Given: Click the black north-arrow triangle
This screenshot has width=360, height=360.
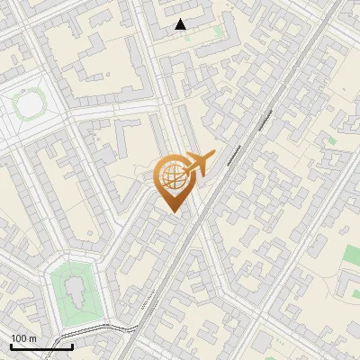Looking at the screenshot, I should (x=181, y=24).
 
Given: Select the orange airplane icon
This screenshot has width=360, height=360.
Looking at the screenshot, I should (x=201, y=165).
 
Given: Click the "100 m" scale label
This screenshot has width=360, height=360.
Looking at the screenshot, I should (x=23, y=338).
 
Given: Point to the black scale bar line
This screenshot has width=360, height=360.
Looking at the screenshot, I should (x=41, y=346).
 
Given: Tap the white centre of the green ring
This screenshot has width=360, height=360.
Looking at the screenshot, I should (x=30, y=106).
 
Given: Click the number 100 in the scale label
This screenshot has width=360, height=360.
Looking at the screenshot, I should (x=20, y=338).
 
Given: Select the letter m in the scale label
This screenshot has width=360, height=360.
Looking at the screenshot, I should (x=32, y=338).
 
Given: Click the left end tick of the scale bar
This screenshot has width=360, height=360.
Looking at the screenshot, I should (x=11, y=346).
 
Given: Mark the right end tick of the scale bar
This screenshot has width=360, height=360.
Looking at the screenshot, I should (x=72, y=346).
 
